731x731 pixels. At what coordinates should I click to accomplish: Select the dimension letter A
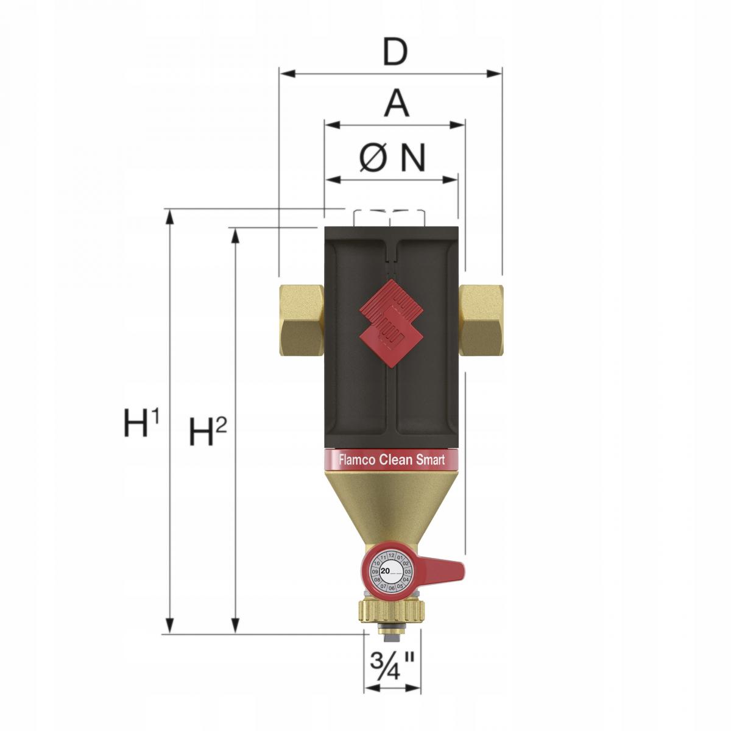[x=397, y=104]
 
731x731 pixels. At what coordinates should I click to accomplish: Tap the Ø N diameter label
[x=392, y=158]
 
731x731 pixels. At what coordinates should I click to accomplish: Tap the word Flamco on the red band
[x=357, y=460]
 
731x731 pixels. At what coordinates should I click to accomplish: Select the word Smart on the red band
[x=431, y=460]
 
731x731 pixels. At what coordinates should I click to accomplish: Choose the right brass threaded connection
[x=481, y=319]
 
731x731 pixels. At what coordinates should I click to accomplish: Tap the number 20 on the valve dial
[x=385, y=571]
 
